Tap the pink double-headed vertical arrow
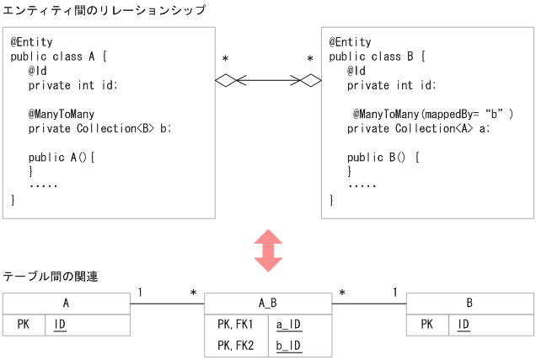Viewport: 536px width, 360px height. click(268, 250)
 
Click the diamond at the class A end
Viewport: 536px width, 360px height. click(227, 81)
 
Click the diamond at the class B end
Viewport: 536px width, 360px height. click(311, 81)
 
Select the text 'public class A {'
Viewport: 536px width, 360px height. click(59, 56)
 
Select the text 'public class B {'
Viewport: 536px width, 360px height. click(378, 56)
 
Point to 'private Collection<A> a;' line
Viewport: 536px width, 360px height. click(418, 128)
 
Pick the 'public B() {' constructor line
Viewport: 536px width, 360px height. click(383, 157)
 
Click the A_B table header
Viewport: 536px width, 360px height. click(268, 304)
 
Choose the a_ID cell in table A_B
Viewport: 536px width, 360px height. click(289, 325)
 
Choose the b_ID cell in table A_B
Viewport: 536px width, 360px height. click(289, 346)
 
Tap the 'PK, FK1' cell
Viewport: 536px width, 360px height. click(235, 325)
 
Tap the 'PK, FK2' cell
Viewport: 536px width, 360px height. click(235, 346)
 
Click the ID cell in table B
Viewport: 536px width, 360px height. click(464, 325)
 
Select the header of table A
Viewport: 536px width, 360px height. click(66, 304)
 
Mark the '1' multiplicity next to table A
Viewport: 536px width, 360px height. click(140, 293)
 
